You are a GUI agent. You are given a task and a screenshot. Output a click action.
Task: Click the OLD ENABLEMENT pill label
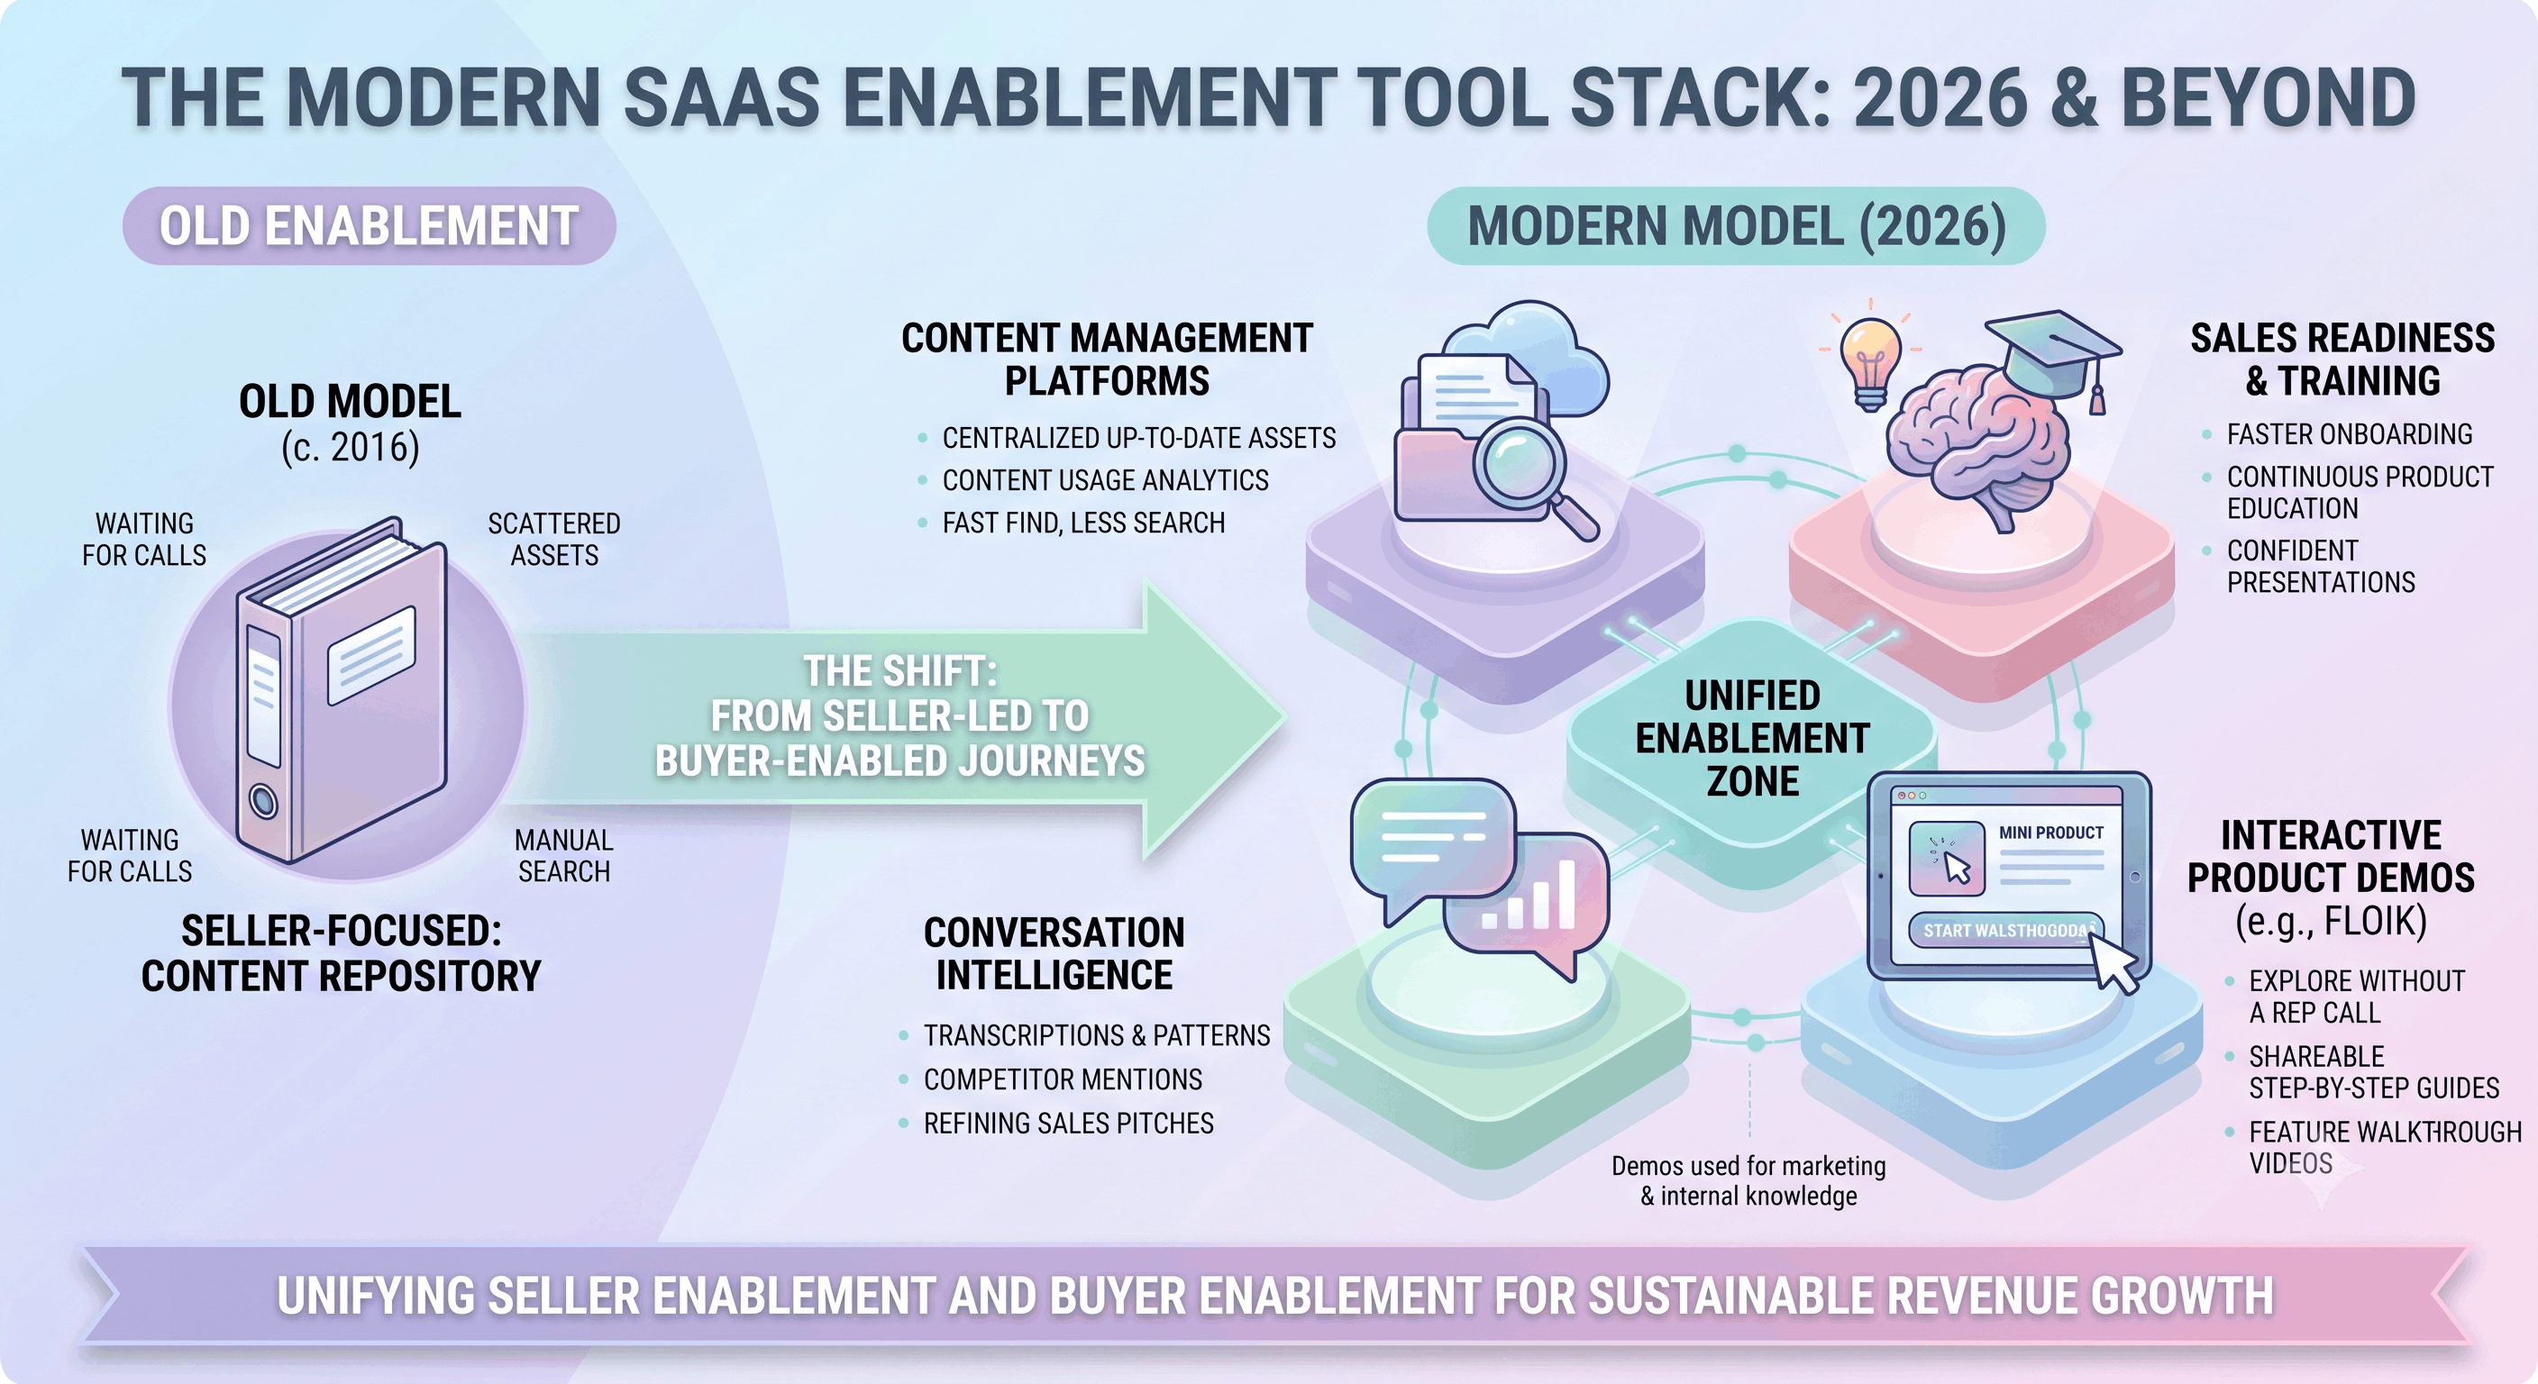coord(370,225)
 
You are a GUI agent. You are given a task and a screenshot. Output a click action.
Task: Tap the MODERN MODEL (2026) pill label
coord(1736,225)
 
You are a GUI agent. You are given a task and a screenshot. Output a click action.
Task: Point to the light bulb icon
coord(1870,360)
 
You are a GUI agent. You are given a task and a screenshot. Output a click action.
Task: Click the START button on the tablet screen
coord(2006,930)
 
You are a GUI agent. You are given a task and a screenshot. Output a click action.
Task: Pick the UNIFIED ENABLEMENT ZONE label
coord(1752,738)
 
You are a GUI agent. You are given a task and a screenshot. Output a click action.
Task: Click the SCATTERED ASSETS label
coord(553,539)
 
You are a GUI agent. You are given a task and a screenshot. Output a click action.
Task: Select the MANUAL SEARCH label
coord(563,855)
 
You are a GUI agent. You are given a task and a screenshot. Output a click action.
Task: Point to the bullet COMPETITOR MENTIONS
coord(1062,1079)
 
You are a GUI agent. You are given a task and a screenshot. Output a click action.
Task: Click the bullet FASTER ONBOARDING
coord(2349,433)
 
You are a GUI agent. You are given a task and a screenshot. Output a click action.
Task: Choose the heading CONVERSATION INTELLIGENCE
coord(1054,952)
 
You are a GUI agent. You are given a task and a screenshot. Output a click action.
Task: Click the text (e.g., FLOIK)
coord(2330,920)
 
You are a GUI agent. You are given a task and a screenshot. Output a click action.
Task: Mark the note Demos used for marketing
coord(1748,1166)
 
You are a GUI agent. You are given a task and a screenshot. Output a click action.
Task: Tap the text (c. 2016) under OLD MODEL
coord(350,447)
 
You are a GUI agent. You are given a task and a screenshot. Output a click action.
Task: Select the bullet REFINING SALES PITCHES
coord(1068,1123)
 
